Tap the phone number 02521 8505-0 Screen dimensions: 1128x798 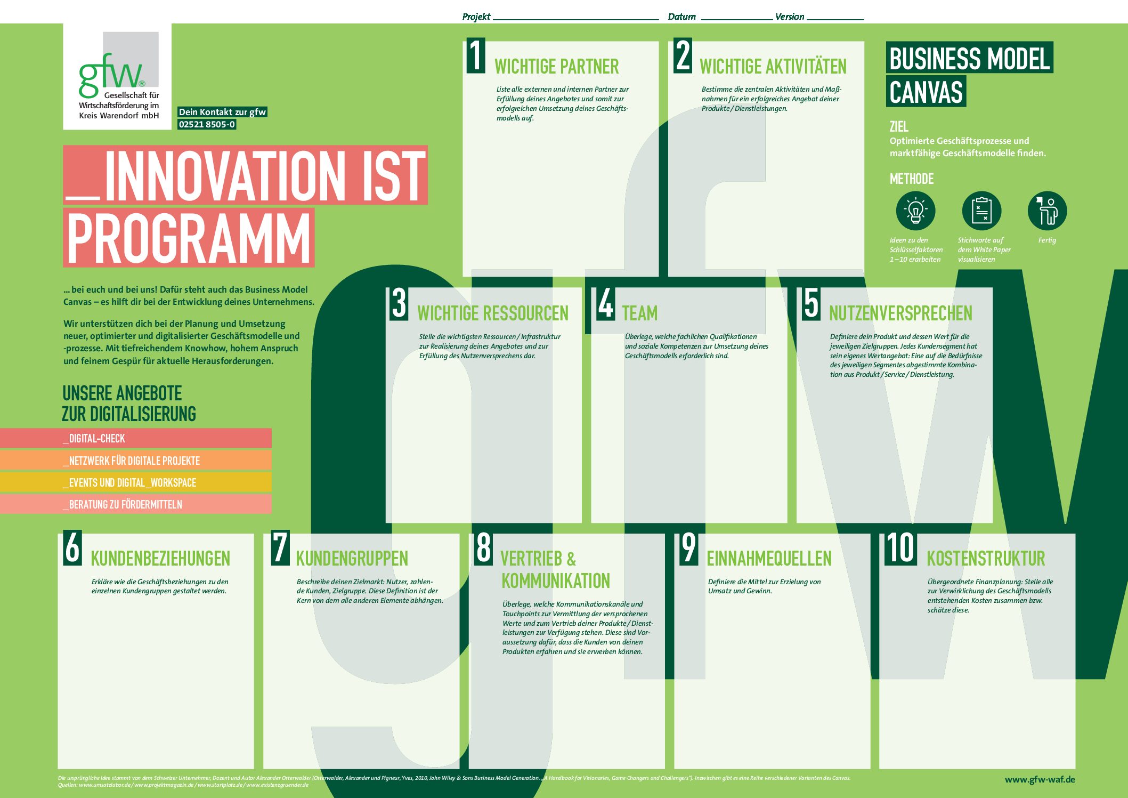coord(207,124)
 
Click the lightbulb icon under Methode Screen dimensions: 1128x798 coord(915,211)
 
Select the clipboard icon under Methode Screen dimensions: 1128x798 coord(981,211)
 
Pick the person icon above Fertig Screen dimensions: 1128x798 coord(1047,211)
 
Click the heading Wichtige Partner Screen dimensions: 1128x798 coord(556,67)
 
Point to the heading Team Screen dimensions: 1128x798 coord(639,313)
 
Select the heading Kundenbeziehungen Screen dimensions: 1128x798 coord(160,559)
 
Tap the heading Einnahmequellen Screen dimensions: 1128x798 coord(769,559)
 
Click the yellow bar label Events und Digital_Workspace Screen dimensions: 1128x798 coord(129,482)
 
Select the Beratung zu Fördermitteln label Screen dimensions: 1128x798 coord(123,504)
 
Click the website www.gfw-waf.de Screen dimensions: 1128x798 coord(1040,779)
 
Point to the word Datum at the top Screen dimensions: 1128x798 coord(682,17)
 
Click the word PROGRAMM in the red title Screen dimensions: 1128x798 coord(189,238)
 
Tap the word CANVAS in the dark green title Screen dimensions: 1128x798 coord(926,92)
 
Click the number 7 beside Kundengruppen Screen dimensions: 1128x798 coord(280,547)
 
